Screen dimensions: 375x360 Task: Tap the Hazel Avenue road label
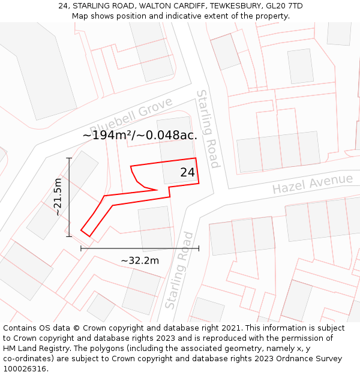[x=312, y=184]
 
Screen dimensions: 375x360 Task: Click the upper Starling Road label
[x=208, y=129]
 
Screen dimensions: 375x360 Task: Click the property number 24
[x=187, y=172]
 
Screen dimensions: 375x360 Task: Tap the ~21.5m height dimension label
[x=58, y=197]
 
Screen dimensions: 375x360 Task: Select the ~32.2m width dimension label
[x=140, y=260]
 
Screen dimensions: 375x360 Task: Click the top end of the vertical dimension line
[x=70, y=158]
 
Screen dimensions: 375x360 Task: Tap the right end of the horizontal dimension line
[x=199, y=248]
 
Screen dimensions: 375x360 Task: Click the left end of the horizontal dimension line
[x=81, y=248]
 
